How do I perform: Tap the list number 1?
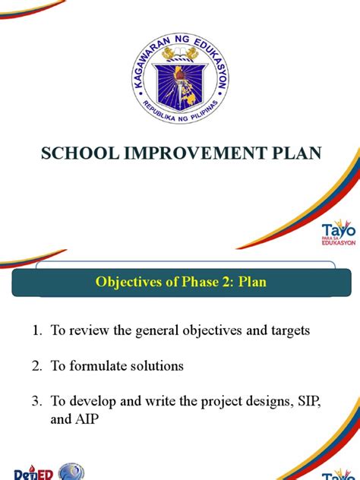click(x=36, y=330)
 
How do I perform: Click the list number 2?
click(x=36, y=366)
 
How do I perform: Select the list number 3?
click(x=36, y=401)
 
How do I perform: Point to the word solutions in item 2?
click(x=158, y=366)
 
